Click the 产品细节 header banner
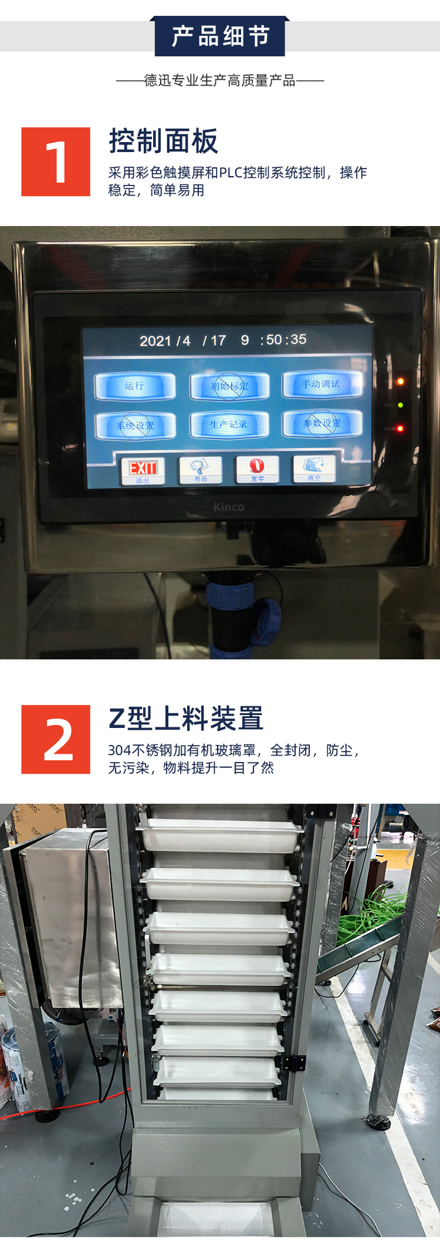(x=220, y=36)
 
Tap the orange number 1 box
(x=56, y=161)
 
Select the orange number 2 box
(x=56, y=739)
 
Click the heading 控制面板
(x=163, y=141)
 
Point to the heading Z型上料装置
(x=185, y=719)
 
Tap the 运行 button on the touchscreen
(x=135, y=386)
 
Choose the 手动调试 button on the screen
(x=321, y=384)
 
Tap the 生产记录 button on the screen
(x=229, y=424)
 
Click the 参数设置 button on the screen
(x=321, y=423)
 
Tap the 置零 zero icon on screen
(x=257, y=468)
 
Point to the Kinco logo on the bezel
(x=229, y=507)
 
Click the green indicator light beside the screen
(x=401, y=405)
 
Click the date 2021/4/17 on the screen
(x=182, y=341)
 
